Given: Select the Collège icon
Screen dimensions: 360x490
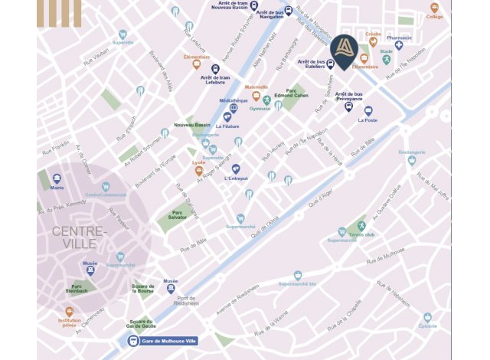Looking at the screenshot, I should point(434,8).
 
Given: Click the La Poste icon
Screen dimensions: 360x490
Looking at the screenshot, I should point(368,111).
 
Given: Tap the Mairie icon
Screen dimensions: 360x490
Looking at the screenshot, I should point(57,178).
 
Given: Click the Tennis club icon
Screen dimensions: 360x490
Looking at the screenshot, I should point(342,232).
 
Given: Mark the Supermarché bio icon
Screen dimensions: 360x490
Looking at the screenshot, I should point(298,275).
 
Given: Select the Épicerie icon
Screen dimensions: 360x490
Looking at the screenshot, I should point(427,317).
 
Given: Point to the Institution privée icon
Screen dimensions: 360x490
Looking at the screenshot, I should point(69,312).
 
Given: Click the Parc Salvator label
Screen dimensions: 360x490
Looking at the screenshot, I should point(178,215).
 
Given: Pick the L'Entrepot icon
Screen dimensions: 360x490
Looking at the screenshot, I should point(236,169).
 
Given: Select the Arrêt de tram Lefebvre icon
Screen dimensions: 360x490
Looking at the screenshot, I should point(216,69).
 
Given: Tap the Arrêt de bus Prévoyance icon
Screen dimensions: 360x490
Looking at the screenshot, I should point(349,106).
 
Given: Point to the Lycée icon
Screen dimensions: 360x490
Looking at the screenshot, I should point(198,170).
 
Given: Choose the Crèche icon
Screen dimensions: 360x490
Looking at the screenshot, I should point(374,42).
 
